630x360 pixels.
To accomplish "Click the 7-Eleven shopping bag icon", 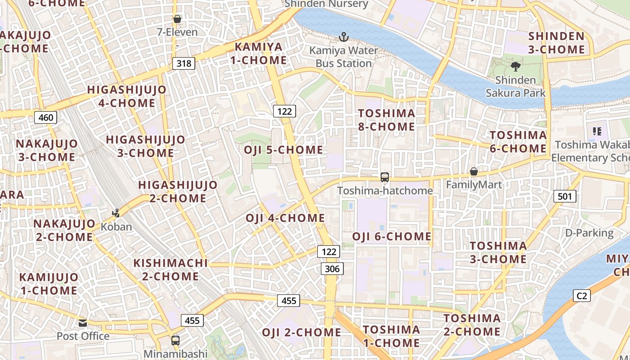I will click(177, 19).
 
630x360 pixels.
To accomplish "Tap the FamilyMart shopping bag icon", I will click(473, 171).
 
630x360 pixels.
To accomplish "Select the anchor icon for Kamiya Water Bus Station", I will click(344, 37).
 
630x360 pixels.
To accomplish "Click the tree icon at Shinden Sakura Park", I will click(515, 67).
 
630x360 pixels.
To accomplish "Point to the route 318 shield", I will click(184, 63).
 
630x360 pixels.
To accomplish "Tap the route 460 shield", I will click(45, 118).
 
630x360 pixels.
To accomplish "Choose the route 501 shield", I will click(564, 196).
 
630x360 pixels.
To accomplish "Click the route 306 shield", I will click(332, 269).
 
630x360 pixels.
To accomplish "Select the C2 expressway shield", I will click(582, 296).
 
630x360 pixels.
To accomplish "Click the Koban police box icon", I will click(116, 213).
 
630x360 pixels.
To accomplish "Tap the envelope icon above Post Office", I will click(83, 323).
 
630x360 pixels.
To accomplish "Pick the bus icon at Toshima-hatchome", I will click(385, 177).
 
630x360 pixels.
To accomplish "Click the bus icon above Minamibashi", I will click(175, 341).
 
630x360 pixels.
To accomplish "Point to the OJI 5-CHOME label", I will click(283, 150).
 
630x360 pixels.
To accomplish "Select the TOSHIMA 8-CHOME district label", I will click(387, 120).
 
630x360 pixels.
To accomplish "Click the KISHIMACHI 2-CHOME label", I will click(171, 270).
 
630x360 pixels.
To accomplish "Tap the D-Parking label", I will click(589, 233).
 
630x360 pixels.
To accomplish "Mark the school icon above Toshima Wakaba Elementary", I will click(597, 131).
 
